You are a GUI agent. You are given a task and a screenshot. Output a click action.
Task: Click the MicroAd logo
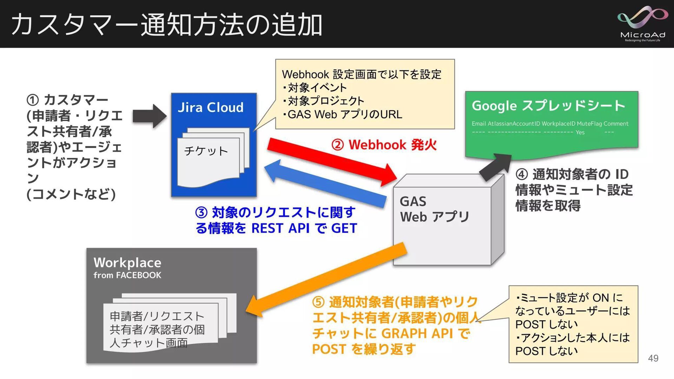[x=642, y=24]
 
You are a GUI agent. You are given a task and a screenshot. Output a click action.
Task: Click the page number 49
[x=653, y=358]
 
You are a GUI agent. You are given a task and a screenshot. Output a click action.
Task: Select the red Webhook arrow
[x=332, y=161]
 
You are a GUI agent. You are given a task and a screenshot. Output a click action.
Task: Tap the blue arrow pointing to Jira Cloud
[x=325, y=184]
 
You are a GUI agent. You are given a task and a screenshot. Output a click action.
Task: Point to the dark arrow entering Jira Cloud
[x=149, y=116]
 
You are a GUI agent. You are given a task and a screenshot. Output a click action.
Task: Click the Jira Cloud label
[x=210, y=107]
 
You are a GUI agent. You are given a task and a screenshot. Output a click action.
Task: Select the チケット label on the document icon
[x=206, y=151]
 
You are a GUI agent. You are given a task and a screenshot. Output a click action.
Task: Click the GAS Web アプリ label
[x=434, y=209]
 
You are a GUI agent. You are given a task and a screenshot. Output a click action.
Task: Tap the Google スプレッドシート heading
[x=548, y=106]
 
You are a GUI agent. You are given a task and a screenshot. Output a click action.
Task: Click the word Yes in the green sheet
[x=580, y=132]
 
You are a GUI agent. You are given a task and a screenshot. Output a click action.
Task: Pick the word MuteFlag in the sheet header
[x=589, y=124]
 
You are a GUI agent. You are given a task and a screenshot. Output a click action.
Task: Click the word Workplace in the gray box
[x=127, y=262]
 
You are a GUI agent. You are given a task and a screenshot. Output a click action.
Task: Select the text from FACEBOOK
[x=127, y=275]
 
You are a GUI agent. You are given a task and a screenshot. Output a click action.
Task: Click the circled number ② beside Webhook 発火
[x=337, y=145]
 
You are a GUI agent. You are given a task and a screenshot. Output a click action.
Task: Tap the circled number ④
[x=522, y=174]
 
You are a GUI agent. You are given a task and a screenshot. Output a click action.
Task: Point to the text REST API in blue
[x=280, y=228]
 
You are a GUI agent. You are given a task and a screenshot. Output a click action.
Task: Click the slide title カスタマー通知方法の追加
[x=167, y=25]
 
